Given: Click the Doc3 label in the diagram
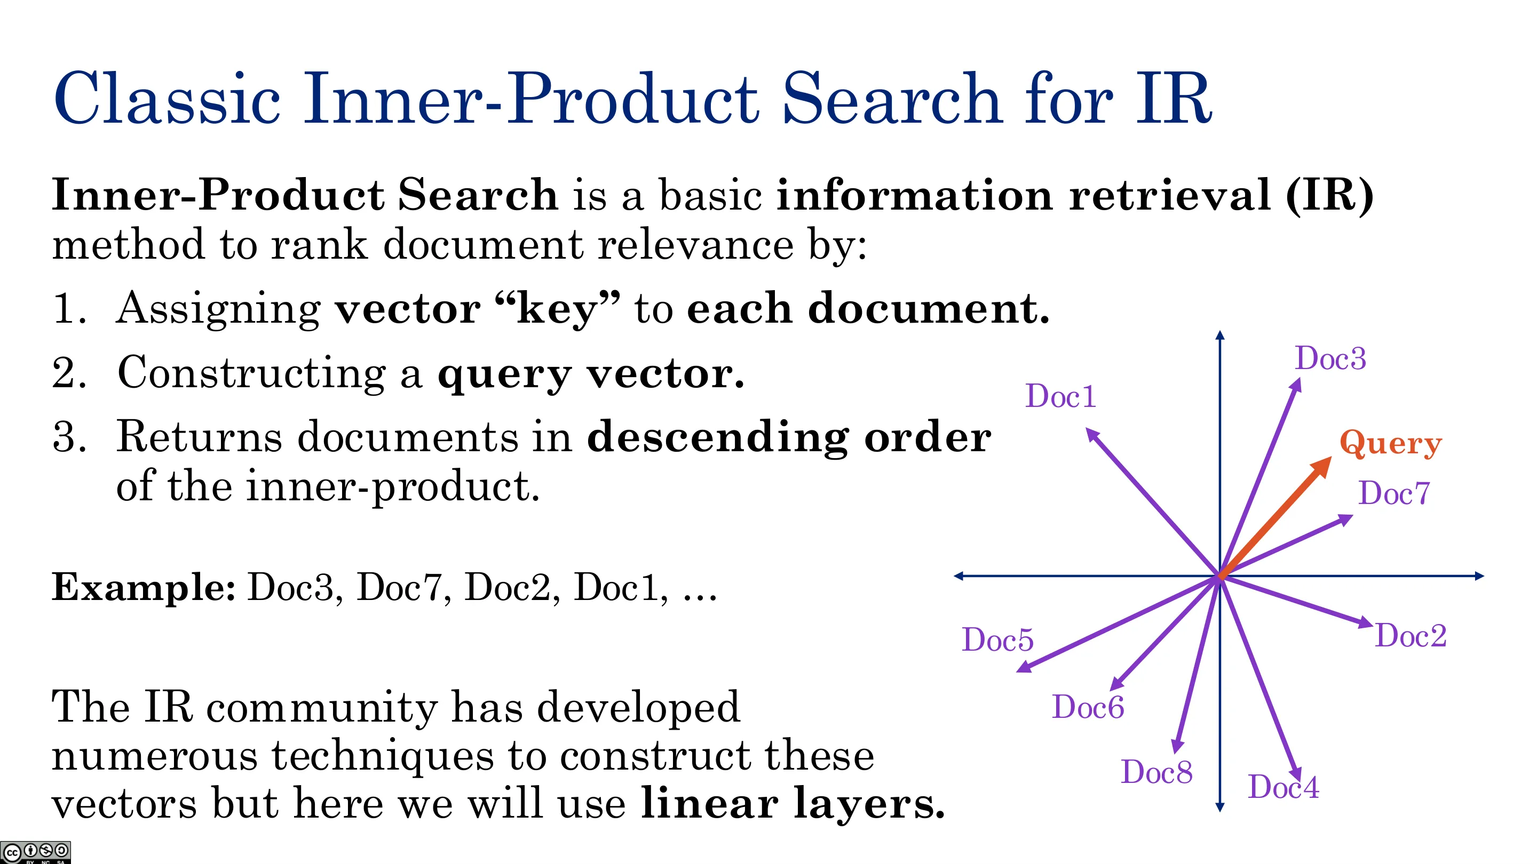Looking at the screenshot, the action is (x=1330, y=358).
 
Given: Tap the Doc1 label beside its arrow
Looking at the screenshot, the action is (x=1061, y=396).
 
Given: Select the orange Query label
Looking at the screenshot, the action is (x=1390, y=444).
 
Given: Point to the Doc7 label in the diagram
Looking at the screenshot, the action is (x=1395, y=493).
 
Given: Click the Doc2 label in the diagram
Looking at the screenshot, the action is (x=1411, y=635).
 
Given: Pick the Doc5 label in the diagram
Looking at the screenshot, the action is (x=997, y=640).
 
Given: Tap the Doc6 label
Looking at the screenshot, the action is (x=1088, y=707).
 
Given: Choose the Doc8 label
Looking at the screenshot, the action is (x=1157, y=772).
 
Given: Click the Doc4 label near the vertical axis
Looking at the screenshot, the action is (x=1284, y=787).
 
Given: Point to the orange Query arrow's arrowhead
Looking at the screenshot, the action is (x=1321, y=466).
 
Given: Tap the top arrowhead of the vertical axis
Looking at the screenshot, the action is (x=1220, y=335).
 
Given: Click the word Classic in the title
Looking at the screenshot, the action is (x=167, y=98).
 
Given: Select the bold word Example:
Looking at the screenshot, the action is (x=144, y=587).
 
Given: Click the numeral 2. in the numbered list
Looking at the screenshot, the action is (x=69, y=373).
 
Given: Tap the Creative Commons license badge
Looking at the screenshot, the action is (x=35, y=852).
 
